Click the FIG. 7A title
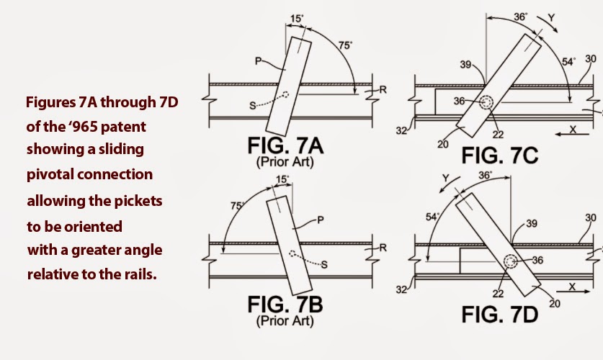tap(285, 145)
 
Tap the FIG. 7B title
tap(285, 305)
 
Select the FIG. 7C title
tap(499, 156)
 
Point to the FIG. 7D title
tap(499, 315)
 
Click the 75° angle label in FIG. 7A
tap(345, 45)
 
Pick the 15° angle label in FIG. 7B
tap(282, 179)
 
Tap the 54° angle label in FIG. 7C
tap(568, 61)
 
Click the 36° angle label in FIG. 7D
tap(486, 175)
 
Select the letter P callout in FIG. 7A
tap(259, 60)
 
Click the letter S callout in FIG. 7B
tap(324, 264)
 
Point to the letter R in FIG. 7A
tap(383, 90)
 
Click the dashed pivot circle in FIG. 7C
tap(486, 102)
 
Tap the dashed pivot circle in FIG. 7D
tap(511, 261)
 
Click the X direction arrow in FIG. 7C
tap(572, 135)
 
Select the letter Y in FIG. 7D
tap(446, 179)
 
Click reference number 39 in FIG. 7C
tap(465, 65)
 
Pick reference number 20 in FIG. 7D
tap(555, 304)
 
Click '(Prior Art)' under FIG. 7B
tap(285, 321)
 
